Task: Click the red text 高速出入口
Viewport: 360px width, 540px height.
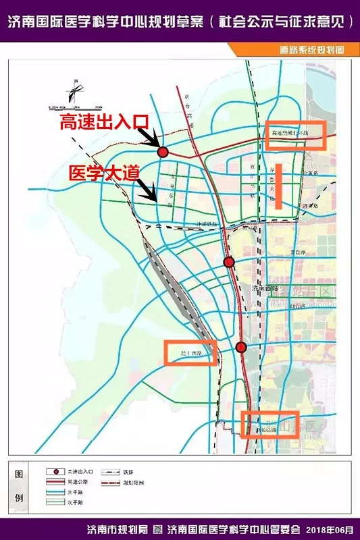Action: click(x=103, y=123)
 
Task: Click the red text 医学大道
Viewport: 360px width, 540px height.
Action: click(x=104, y=172)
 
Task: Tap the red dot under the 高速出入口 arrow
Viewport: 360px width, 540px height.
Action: click(x=162, y=153)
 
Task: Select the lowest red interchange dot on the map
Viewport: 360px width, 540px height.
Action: click(x=241, y=347)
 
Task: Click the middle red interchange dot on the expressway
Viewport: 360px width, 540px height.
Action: click(x=229, y=262)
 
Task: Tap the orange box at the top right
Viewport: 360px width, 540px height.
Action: click(x=296, y=135)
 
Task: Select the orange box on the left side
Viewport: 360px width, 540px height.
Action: click(x=191, y=352)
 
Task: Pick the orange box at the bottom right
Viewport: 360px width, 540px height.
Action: click(x=270, y=424)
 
